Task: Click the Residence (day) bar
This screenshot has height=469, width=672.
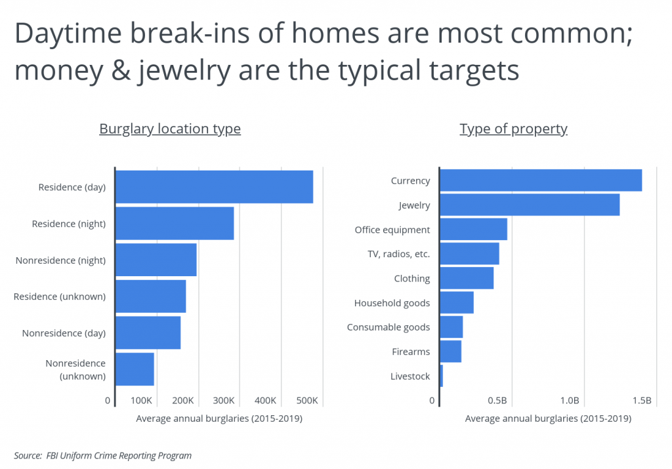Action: pos(214,187)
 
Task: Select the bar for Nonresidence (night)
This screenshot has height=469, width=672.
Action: pos(156,260)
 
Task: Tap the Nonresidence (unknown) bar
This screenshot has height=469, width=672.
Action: pos(135,369)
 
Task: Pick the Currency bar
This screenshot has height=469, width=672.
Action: pos(540,180)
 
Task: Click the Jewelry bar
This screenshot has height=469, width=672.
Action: pos(529,205)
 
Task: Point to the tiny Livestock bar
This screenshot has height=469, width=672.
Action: pos(441,377)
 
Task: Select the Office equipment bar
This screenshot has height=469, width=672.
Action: pos(473,230)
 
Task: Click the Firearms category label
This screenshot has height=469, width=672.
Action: pos(411,352)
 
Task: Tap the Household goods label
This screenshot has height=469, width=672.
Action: pos(392,303)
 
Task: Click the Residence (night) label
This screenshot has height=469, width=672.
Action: pos(69,224)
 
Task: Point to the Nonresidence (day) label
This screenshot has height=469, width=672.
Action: pos(64,333)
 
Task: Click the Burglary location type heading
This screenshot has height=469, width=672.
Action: pos(170,129)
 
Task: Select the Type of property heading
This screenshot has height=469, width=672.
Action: pos(513,129)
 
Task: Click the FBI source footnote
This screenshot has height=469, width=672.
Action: pos(103,455)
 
